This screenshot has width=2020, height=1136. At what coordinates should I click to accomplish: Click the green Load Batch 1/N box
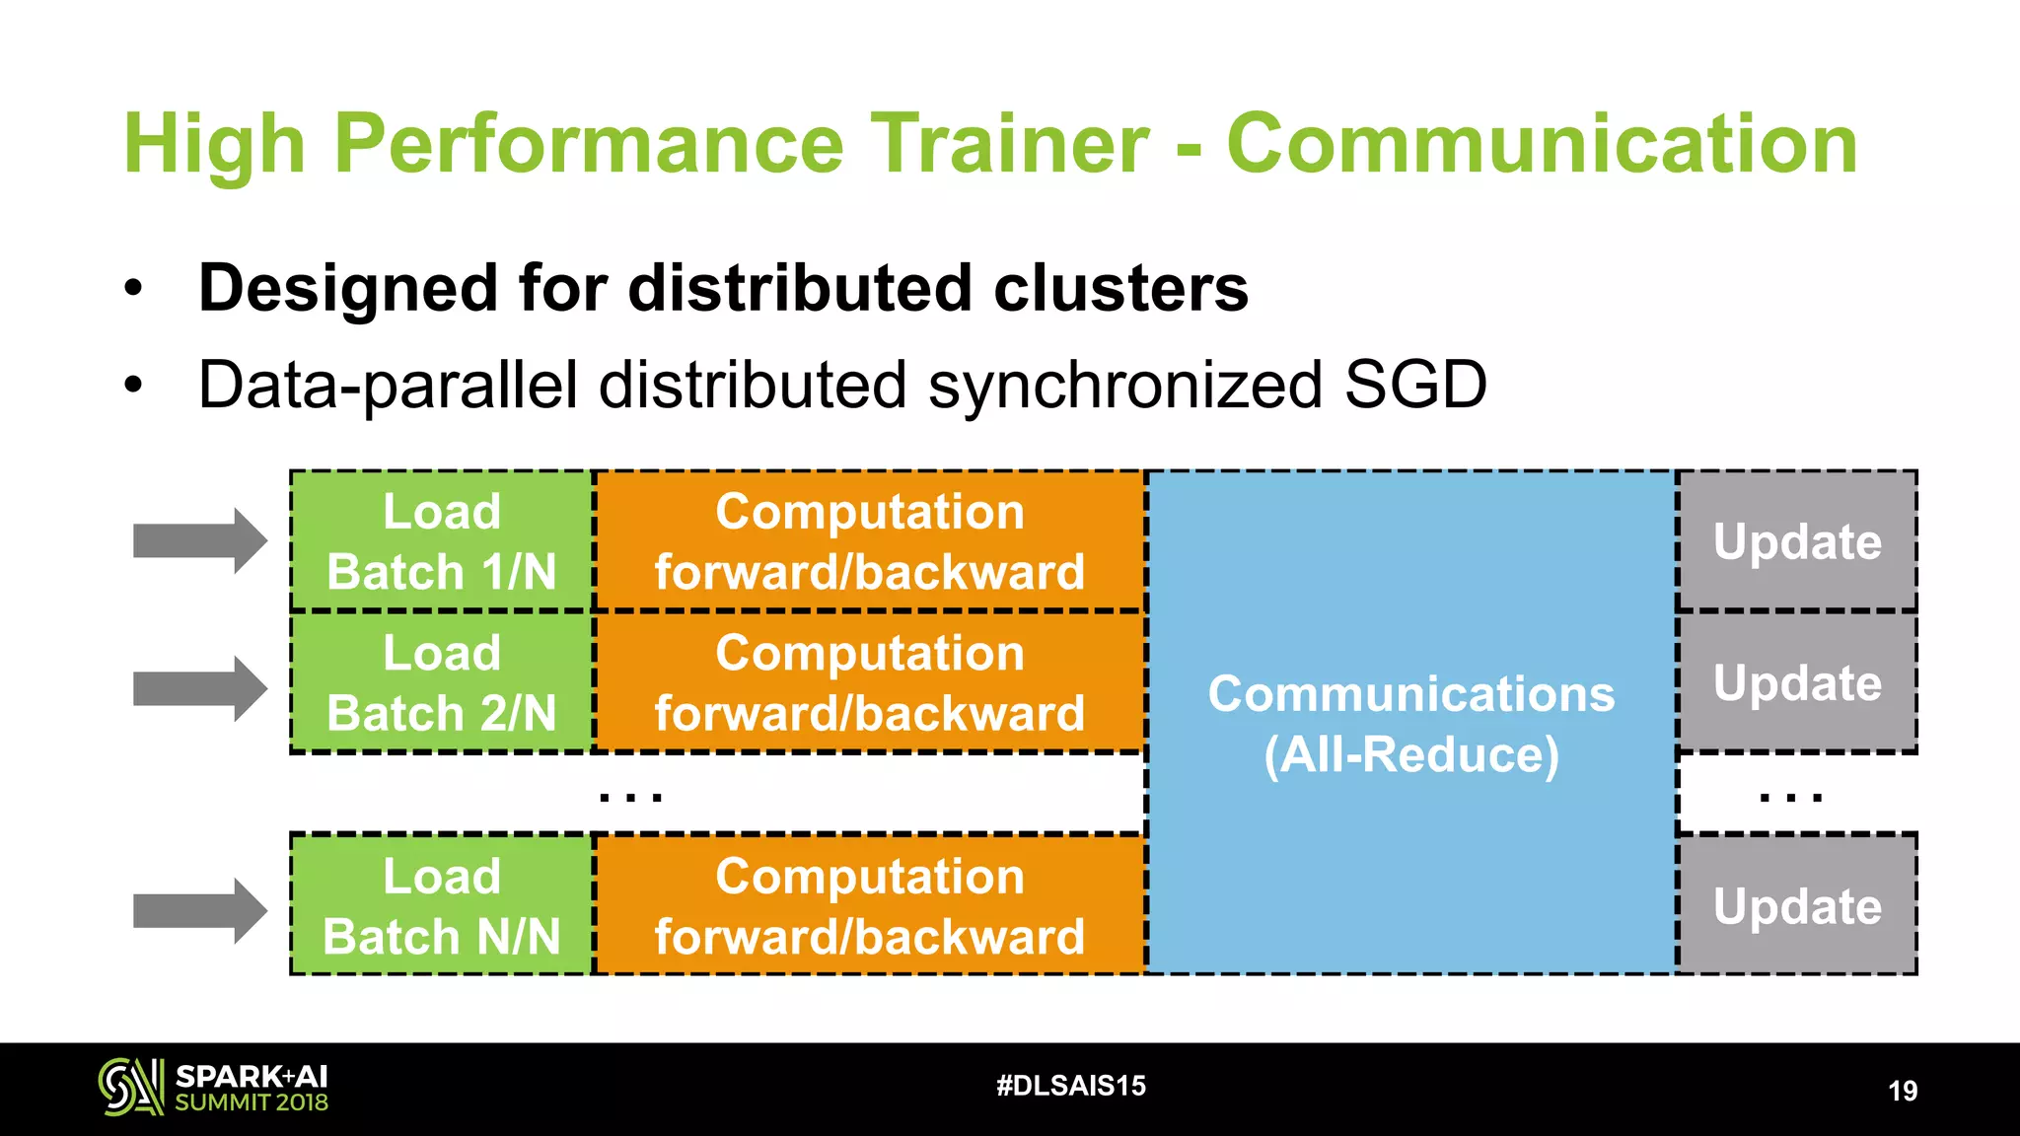click(x=441, y=541)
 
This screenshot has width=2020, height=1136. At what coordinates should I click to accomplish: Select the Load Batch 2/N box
click(x=441, y=682)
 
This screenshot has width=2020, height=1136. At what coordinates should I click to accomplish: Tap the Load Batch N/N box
click(x=441, y=905)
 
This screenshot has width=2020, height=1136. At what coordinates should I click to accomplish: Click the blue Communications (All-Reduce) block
click(x=1410, y=723)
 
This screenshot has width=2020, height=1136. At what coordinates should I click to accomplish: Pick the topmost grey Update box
click(x=1796, y=541)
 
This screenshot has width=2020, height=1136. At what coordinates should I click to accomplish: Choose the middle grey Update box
click(x=1796, y=682)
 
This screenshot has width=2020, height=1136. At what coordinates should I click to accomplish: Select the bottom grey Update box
click(x=1796, y=905)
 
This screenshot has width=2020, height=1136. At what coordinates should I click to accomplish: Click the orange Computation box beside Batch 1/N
click(x=869, y=541)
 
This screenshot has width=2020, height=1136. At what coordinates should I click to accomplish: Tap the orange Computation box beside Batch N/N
click(x=869, y=905)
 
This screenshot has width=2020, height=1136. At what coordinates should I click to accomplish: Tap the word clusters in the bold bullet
click(x=1120, y=288)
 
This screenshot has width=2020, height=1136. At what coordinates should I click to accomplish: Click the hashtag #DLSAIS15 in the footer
click(x=1071, y=1086)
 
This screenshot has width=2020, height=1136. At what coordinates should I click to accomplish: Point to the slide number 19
click(x=1902, y=1091)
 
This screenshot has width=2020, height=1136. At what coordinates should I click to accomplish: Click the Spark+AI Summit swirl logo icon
click(x=130, y=1087)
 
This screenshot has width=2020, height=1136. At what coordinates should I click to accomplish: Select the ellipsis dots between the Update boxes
click(x=1790, y=795)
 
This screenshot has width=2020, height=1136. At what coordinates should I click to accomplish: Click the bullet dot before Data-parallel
click(x=133, y=386)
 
